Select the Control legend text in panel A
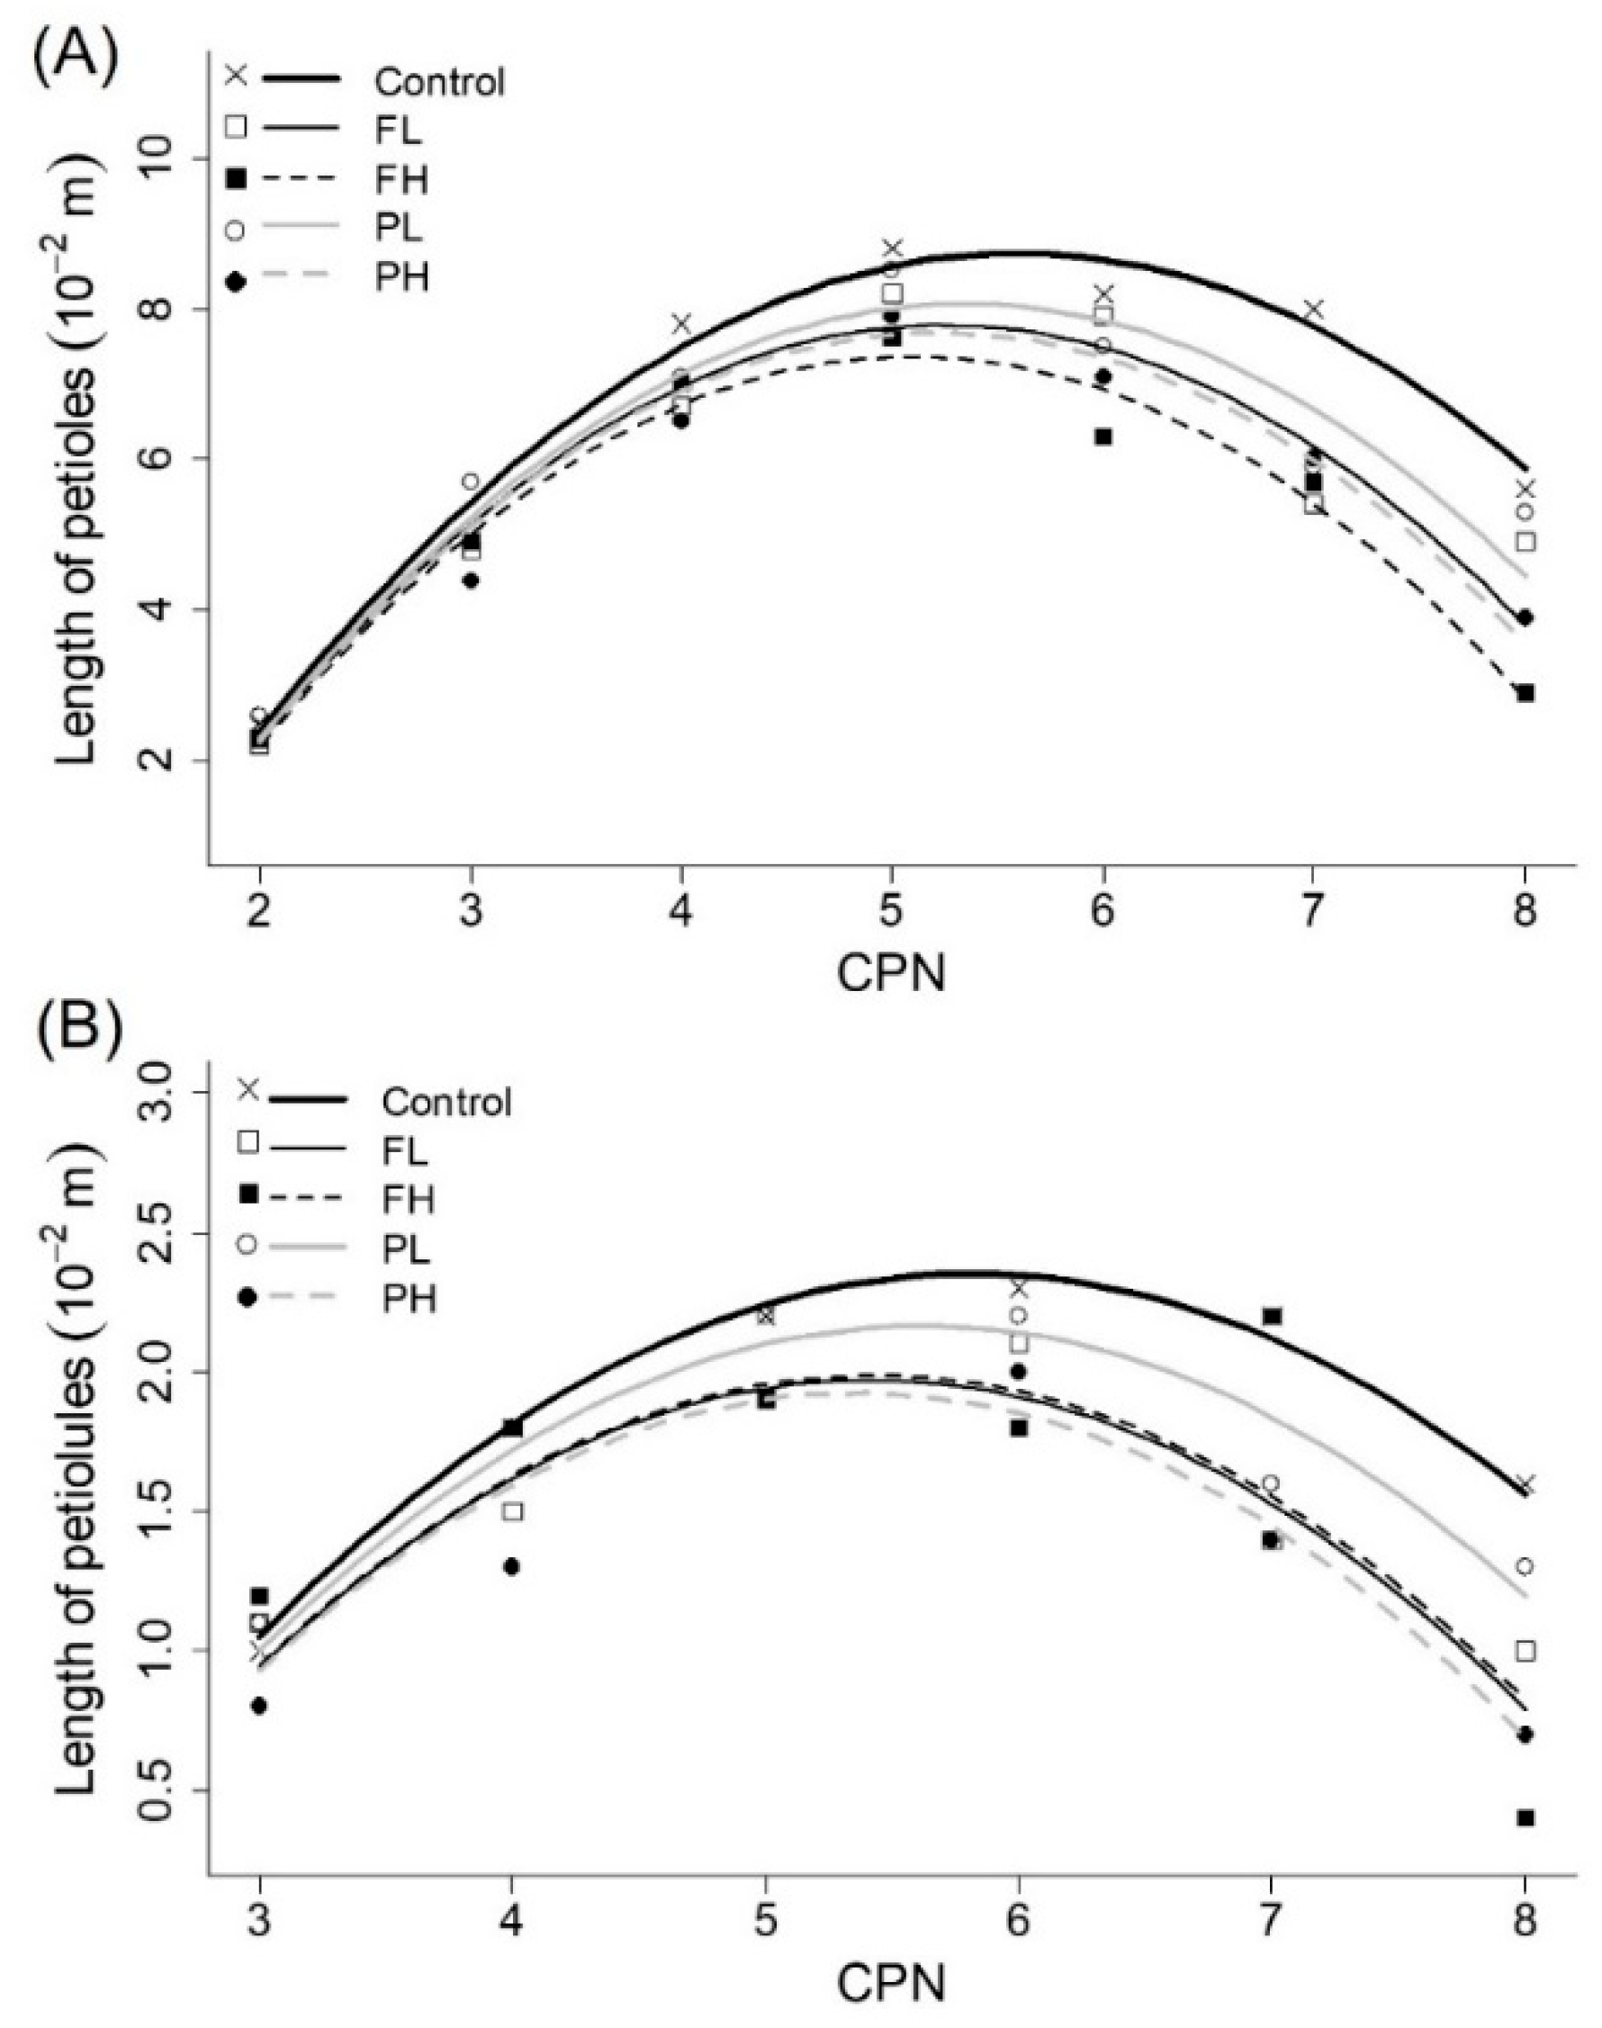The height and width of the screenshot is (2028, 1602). pyautogui.click(x=439, y=82)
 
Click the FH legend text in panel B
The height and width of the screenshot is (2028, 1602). pyautogui.click(x=408, y=1200)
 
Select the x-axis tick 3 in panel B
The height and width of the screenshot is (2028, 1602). pyautogui.click(x=260, y=1922)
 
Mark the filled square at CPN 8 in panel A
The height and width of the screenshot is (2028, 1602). pyautogui.click(x=1525, y=693)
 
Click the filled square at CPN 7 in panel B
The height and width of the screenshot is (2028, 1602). pyautogui.click(x=1272, y=1316)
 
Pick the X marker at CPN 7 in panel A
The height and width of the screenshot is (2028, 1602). pyautogui.click(x=1314, y=309)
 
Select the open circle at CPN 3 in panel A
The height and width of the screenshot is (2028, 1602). pyautogui.click(x=471, y=482)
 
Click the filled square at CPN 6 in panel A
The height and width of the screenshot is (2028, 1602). pyautogui.click(x=1103, y=437)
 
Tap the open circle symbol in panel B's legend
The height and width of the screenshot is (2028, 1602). pyautogui.click(x=247, y=1244)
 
